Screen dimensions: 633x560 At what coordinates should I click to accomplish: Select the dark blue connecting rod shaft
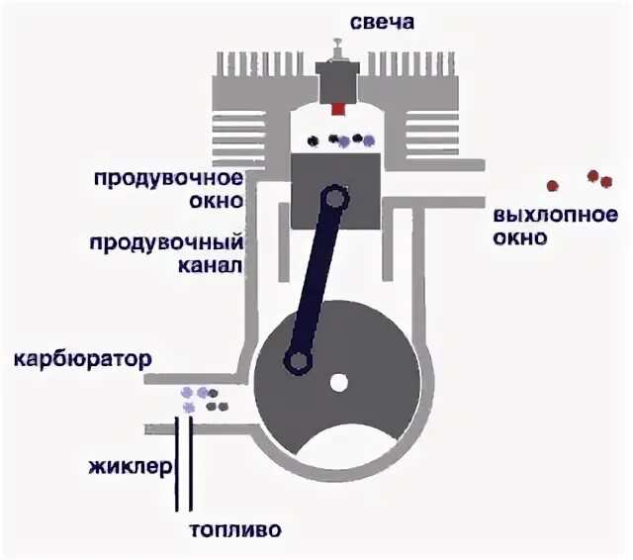click(x=316, y=279)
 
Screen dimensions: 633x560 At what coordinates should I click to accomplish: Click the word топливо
click(x=242, y=528)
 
